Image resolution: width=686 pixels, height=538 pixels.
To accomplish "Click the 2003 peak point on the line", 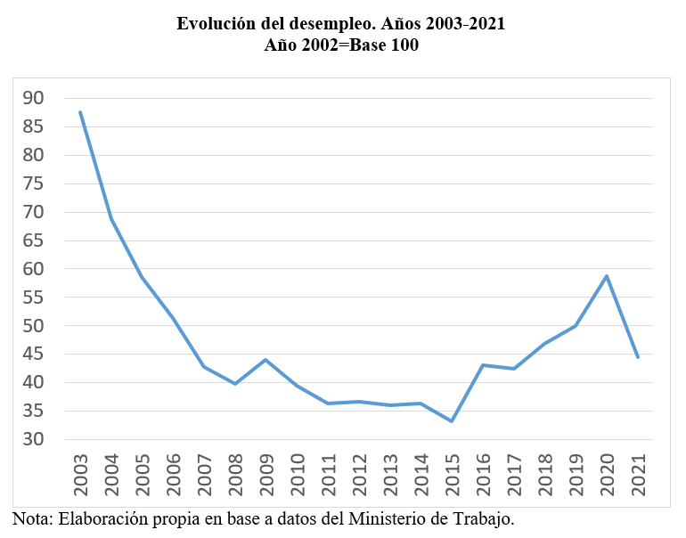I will coord(80,112).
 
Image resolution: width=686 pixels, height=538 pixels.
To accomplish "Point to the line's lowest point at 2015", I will coord(452,421).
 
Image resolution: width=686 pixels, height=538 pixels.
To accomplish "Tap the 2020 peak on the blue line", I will coord(607,276).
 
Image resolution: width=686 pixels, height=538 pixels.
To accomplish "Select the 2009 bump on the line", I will coord(265,360).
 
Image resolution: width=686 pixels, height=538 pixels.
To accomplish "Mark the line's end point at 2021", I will coord(638,357).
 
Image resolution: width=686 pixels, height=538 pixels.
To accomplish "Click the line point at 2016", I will coord(483,365).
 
